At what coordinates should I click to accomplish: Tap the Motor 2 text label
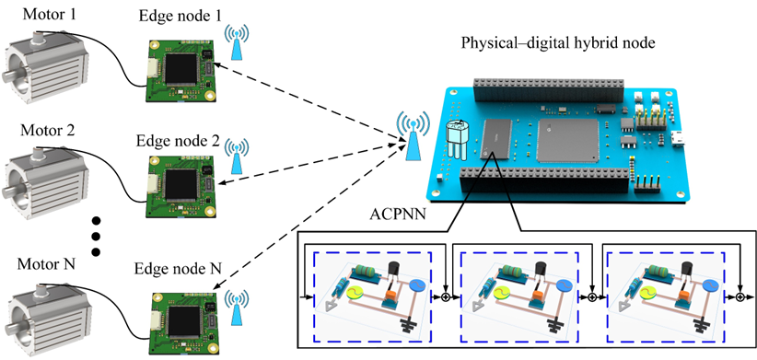pos(48,131)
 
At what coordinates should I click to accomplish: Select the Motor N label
pos(46,264)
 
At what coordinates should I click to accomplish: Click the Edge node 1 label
pos(181,16)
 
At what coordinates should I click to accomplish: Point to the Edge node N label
pos(178,268)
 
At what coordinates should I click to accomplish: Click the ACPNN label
pos(398,214)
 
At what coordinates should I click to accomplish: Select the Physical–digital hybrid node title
pos(557,43)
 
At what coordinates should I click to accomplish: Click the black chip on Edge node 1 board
pos(181,69)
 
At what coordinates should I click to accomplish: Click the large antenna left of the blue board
pos(413,135)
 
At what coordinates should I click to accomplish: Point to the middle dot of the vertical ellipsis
pos(96,236)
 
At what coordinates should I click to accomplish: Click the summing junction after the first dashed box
pos(446,297)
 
